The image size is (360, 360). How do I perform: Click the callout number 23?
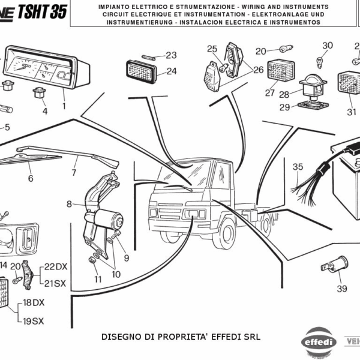tap(171, 55)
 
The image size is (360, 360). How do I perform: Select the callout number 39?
tap(341, 289)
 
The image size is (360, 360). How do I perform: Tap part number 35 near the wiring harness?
tap(298, 167)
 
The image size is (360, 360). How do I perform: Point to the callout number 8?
tap(69, 204)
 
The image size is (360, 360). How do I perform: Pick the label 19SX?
tap(34, 321)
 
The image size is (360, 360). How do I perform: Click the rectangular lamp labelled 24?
tap(142, 70)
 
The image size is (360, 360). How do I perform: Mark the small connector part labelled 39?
tap(334, 265)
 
